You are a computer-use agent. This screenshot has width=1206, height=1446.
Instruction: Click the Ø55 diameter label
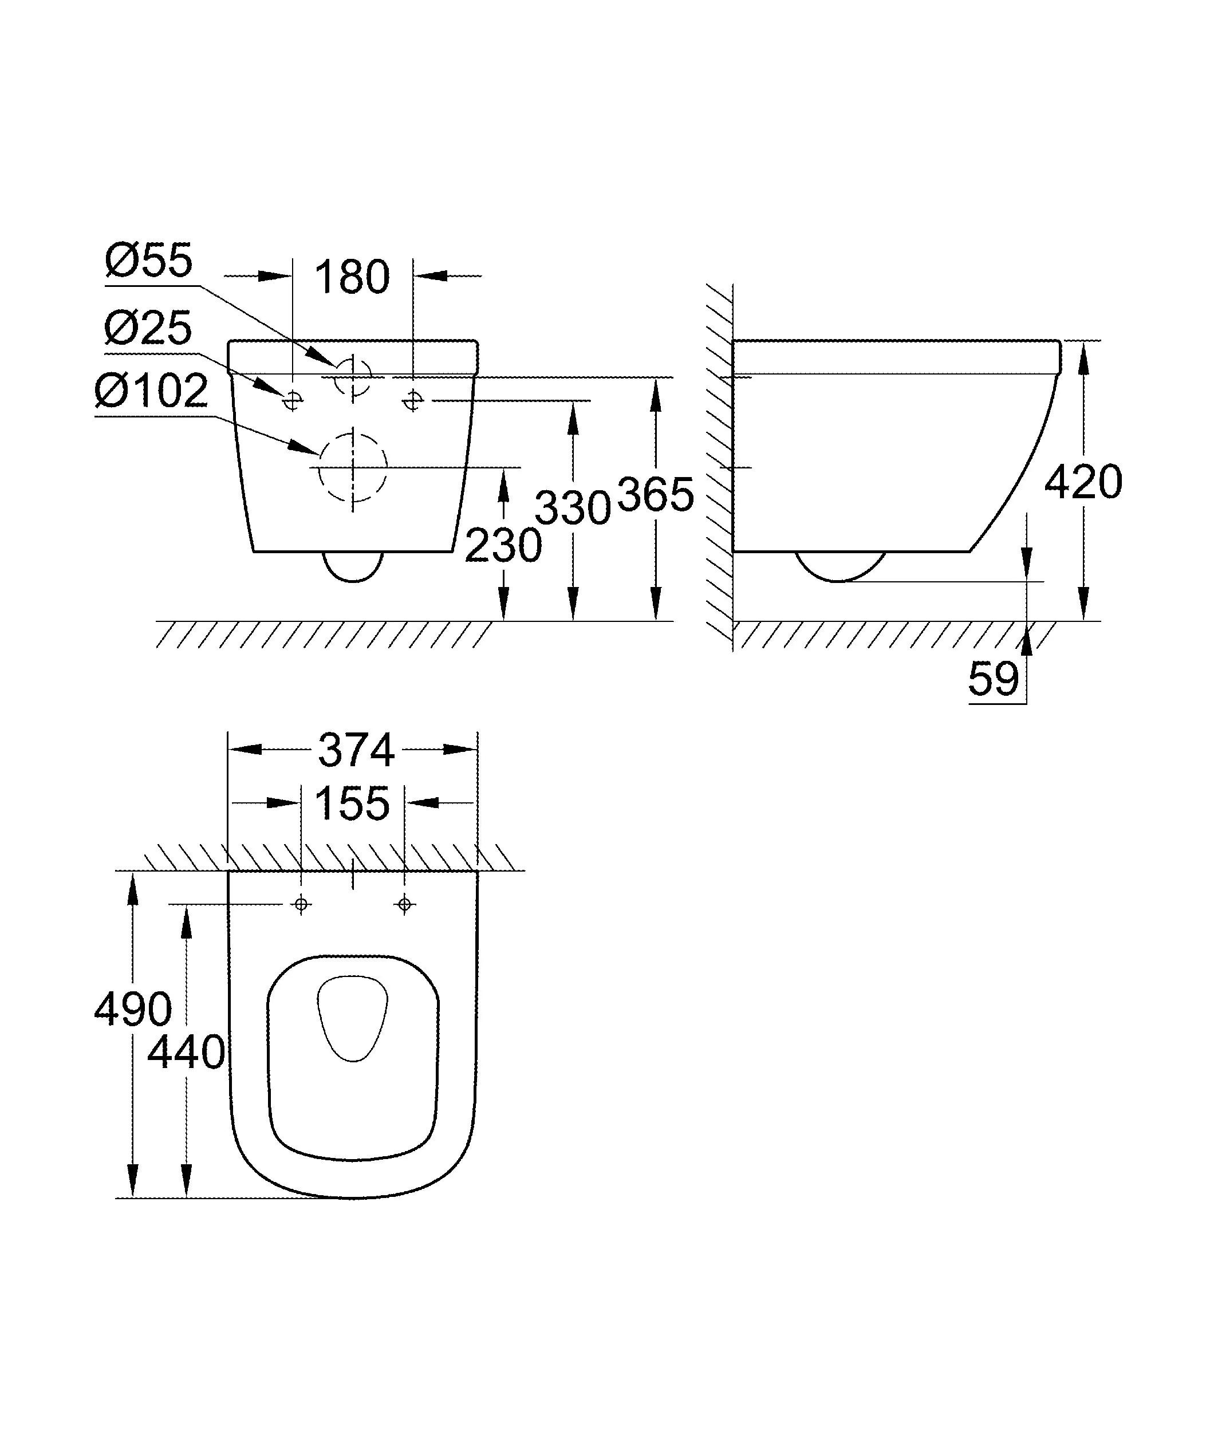click(x=149, y=261)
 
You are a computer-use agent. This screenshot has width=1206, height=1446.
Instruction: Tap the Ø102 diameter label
click(x=151, y=391)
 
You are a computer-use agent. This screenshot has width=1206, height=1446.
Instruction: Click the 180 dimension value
click(x=352, y=278)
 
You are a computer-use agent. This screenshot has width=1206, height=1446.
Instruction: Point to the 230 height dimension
click(x=503, y=546)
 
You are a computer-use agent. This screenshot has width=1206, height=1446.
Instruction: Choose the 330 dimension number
click(x=573, y=509)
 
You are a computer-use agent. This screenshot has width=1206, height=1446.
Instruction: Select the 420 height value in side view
click(x=1083, y=482)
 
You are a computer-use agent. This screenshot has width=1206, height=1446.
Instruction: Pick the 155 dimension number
click(x=352, y=803)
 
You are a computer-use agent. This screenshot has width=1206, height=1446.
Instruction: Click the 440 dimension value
click(x=186, y=1053)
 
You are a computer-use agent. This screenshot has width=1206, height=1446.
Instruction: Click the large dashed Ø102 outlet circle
click(x=352, y=467)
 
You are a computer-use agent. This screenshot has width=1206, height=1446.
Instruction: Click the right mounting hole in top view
click(x=405, y=904)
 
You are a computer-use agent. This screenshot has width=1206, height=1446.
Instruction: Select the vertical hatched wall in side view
click(x=719, y=468)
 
